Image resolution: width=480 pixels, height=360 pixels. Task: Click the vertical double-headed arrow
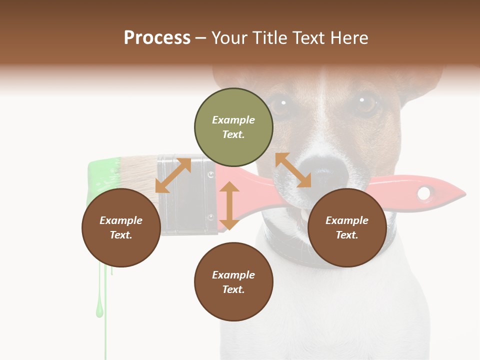pos(229,205)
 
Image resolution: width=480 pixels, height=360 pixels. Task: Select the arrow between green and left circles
pos(173,175)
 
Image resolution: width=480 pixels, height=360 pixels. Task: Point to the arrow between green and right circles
pos(293,170)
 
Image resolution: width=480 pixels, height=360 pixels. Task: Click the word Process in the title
pos(157,37)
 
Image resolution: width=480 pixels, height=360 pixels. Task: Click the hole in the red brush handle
pos(424,193)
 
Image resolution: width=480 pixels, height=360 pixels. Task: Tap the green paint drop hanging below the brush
pos(99,310)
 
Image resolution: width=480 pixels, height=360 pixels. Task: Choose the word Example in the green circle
pos(233,120)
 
